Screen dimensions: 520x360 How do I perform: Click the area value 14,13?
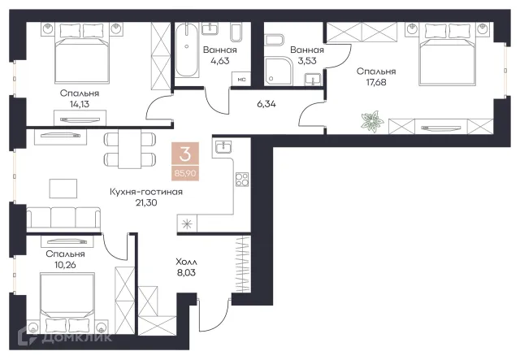(x=80, y=104)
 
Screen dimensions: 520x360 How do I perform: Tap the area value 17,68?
(x=376, y=82)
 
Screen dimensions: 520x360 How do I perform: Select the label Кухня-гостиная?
(x=146, y=192)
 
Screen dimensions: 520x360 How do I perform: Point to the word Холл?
(x=186, y=262)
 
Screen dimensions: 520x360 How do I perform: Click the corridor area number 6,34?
(x=266, y=104)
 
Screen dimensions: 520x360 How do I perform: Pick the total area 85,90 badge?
(x=185, y=173)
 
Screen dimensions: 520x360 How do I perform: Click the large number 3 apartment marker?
(x=185, y=154)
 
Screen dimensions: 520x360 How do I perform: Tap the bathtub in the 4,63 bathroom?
(x=187, y=50)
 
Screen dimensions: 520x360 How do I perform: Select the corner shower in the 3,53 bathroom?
(x=279, y=70)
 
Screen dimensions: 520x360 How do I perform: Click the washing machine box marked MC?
(x=241, y=80)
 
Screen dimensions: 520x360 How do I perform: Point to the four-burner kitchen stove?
(x=242, y=180)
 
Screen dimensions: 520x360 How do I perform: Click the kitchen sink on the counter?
(x=224, y=146)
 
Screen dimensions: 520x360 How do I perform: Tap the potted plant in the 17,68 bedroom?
(x=372, y=121)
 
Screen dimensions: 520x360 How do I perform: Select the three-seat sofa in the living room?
(x=63, y=219)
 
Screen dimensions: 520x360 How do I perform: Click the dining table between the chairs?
(x=130, y=149)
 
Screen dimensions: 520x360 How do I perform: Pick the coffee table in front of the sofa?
(x=63, y=189)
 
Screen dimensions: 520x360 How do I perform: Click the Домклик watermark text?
(x=77, y=337)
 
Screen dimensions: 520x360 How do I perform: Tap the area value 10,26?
(x=65, y=265)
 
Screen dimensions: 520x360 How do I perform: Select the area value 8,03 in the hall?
(x=186, y=273)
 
